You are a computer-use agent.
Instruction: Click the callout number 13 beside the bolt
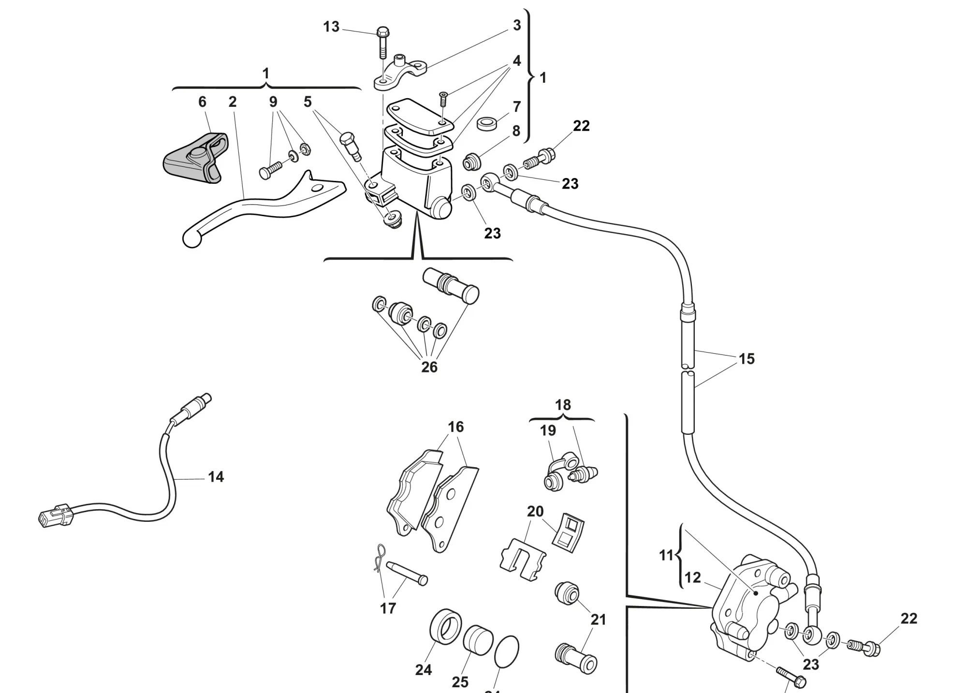[x=331, y=27]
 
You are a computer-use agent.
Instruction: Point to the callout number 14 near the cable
[x=216, y=477]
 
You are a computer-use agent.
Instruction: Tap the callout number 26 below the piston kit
[x=429, y=367]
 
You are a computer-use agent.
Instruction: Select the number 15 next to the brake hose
[x=747, y=359]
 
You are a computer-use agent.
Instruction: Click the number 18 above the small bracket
[x=563, y=405]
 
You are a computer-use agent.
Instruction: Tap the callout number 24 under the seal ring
[x=423, y=670]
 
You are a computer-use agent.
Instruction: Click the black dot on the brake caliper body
[x=756, y=592]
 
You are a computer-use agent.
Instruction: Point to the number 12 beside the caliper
[x=692, y=577]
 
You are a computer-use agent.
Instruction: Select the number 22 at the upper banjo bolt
[x=581, y=126]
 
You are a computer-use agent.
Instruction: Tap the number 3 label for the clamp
[x=517, y=25]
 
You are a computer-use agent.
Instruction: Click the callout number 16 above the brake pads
[x=455, y=427]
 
